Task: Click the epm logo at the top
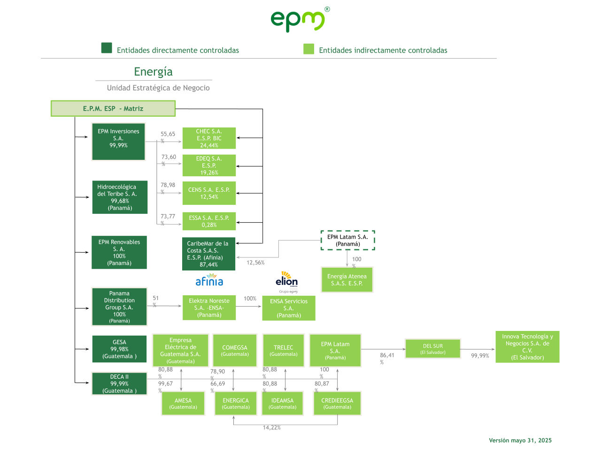tap(299, 20)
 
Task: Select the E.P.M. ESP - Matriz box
tap(113, 108)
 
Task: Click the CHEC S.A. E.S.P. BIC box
tap(209, 138)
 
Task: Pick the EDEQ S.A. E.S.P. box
tap(209, 165)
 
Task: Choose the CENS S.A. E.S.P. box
tap(209, 193)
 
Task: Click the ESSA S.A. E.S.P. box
tap(209, 221)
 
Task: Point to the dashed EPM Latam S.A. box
tap(347, 240)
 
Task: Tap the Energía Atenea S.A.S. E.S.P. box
tap(347, 280)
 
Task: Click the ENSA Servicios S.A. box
tap(289, 308)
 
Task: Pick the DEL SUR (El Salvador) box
tap(433, 349)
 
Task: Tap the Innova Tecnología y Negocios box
tap(527, 347)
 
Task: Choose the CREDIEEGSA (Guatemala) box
tap(337, 404)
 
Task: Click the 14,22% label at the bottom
tap(271, 427)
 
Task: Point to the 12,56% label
tap(255, 262)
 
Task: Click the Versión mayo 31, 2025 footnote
tap(520, 440)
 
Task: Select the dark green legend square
tap(107, 48)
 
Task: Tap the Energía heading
tap(153, 72)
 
